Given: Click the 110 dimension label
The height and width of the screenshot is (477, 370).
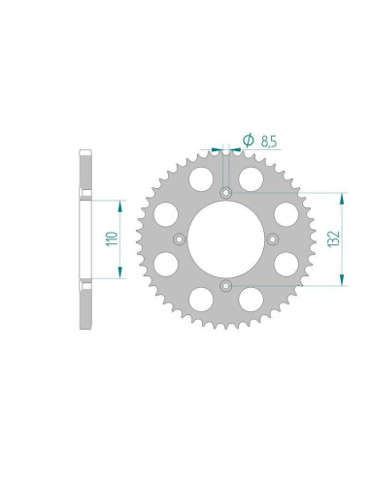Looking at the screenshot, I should (114, 238).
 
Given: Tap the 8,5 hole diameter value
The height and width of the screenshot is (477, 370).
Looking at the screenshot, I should (269, 142).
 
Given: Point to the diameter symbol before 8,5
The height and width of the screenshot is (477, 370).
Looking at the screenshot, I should (249, 142).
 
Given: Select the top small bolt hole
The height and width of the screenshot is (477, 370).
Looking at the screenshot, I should (225, 191).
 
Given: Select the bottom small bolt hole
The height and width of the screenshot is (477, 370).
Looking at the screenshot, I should (225, 284).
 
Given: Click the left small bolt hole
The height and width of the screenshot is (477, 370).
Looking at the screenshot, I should (179, 238).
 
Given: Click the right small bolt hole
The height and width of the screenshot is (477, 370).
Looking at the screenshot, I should (272, 238).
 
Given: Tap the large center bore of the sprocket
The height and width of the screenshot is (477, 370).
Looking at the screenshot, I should (225, 238).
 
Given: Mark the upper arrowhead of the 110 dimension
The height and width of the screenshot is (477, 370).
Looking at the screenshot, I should (121, 205).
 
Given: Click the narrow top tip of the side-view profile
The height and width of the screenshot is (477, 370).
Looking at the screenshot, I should (85, 155).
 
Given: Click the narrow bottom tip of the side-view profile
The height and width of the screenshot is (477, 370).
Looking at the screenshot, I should (85, 321).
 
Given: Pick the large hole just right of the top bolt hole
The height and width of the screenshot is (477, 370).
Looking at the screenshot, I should (251, 178).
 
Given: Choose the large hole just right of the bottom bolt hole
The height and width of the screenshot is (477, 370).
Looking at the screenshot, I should (251, 297).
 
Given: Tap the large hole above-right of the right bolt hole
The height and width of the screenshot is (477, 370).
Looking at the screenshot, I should (285, 212).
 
